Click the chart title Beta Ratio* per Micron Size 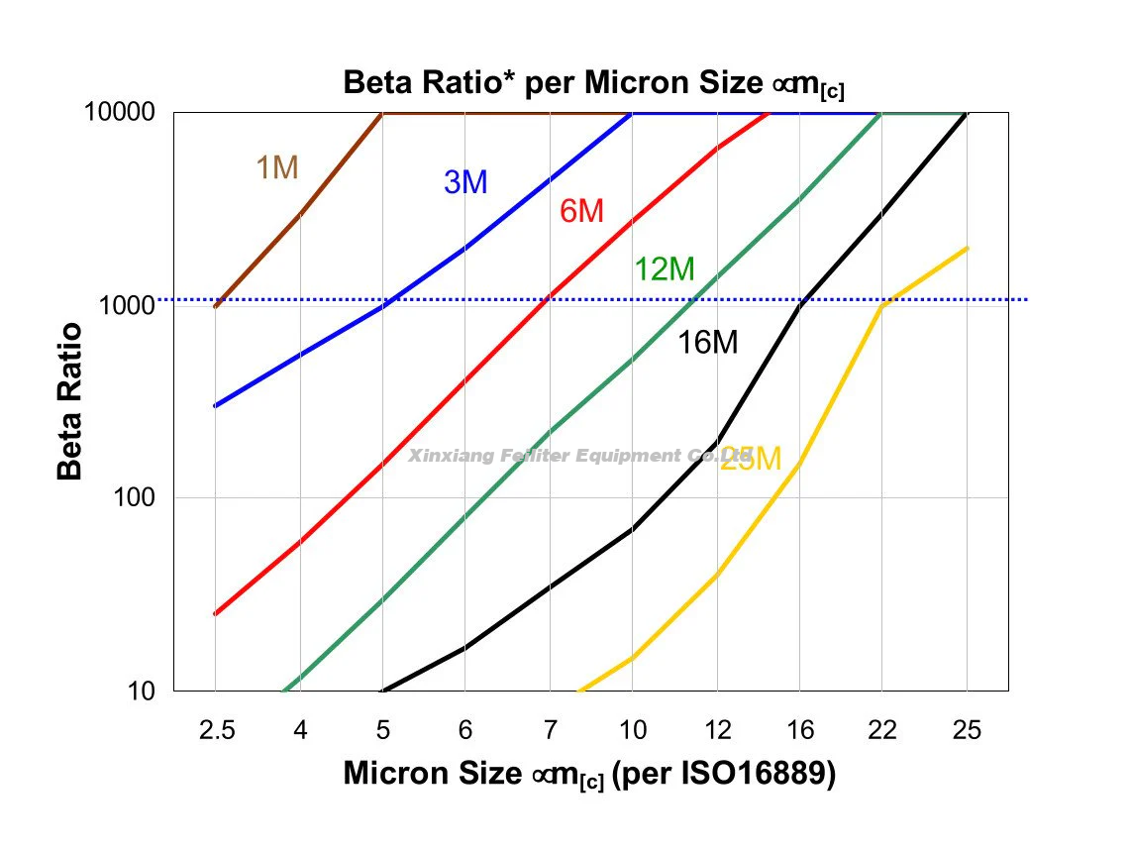pos(593,83)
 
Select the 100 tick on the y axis pos(135,497)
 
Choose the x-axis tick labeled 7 pos(550,731)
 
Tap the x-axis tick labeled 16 pos(800,731)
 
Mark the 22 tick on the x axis pos(883,731)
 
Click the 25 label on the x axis pos(967,731)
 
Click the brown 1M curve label pos(277,168)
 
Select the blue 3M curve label pos(465,182)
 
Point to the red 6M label pos(581,211)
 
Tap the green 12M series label pos(665,268)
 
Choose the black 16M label pos(708,343)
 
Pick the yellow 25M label pos(751,459)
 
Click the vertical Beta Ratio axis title pos(70,400)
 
